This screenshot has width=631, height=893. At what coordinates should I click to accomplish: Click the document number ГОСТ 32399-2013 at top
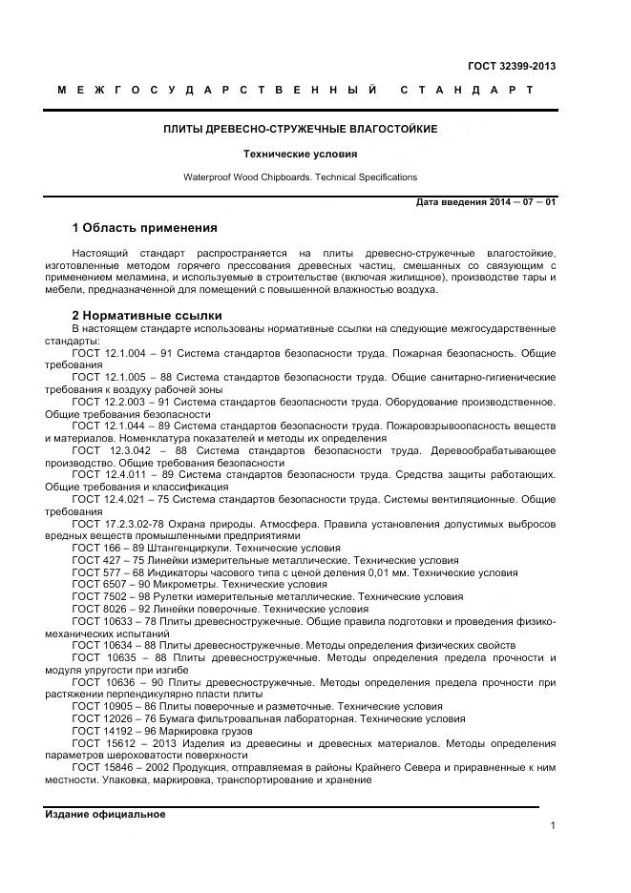pyautogui.click(x=511, y=66)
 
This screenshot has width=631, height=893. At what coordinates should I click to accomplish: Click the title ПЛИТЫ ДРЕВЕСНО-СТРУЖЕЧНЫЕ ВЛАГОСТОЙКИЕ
pyautogui.click(x=301, y=128)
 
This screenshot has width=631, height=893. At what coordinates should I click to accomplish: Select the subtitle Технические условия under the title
pyautogui.click(x=300, y=153)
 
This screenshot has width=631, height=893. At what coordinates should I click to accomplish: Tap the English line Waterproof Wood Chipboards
pyautogui.click(x=300, y=177)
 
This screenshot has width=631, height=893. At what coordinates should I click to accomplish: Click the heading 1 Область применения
pyautogui.click(x=144, y=228)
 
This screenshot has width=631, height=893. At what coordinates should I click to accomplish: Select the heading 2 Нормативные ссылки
pyautogui.click(x=147, y=315)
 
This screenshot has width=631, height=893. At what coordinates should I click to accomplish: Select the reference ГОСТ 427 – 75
pyautogui.click(x=108, y=561)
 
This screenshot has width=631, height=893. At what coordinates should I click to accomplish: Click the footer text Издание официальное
pyautogui.click(x=105, y=814)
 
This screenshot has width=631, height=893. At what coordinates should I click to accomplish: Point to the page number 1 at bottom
pyautogui.click(x=553, y=825)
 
